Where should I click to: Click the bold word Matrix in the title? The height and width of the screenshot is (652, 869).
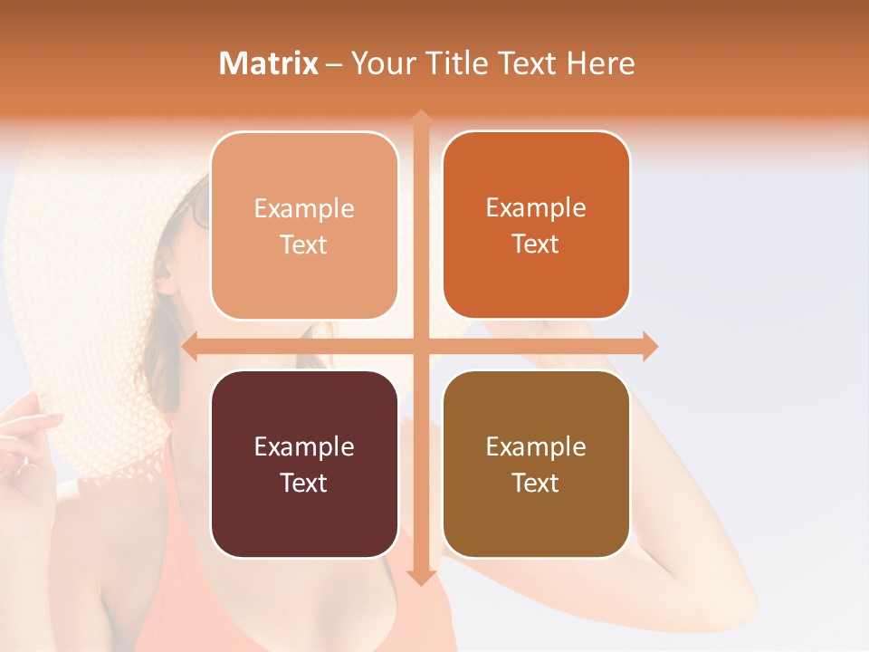pyautogui.click(x=269, y=63)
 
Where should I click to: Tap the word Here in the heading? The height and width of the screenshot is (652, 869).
pyautogui.click(x=600, y=63)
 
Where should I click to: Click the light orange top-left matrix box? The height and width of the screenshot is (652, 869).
pyautogui.click(x=304, y=225)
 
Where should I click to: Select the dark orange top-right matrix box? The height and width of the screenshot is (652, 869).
pyautogui.click(x=536, y=225)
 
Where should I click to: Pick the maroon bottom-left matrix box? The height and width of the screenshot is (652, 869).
pyautogui.click(x=304, y=464)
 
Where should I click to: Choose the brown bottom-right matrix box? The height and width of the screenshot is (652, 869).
pyautogui.click(x=536, y=464)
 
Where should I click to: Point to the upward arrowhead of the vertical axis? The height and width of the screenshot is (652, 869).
pyautogui.click(x=420, y=118)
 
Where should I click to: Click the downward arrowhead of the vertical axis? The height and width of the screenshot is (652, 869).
pyautogui.click(x=420, y=577)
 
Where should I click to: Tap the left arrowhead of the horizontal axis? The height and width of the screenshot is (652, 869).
pyautogui.click(x=190, y=346)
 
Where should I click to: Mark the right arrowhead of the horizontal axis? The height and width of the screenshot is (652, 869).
pyautogui.click(x=649, y=346)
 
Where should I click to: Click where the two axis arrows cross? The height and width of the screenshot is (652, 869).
pyautogui.click(x=420, y=346)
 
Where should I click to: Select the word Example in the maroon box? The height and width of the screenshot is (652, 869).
pyautogui.click(x=304, y=446)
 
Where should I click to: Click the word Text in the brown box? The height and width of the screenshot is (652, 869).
pyautogui.click(x=536, y=483)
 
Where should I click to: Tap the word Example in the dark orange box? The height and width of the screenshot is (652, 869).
pyautogui.click(x=536, y=207)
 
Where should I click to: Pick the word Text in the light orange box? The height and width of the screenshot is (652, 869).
pyautogui.click(x=304, y=244)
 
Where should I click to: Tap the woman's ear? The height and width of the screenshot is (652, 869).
pyautogui.click(x=166, y=272)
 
